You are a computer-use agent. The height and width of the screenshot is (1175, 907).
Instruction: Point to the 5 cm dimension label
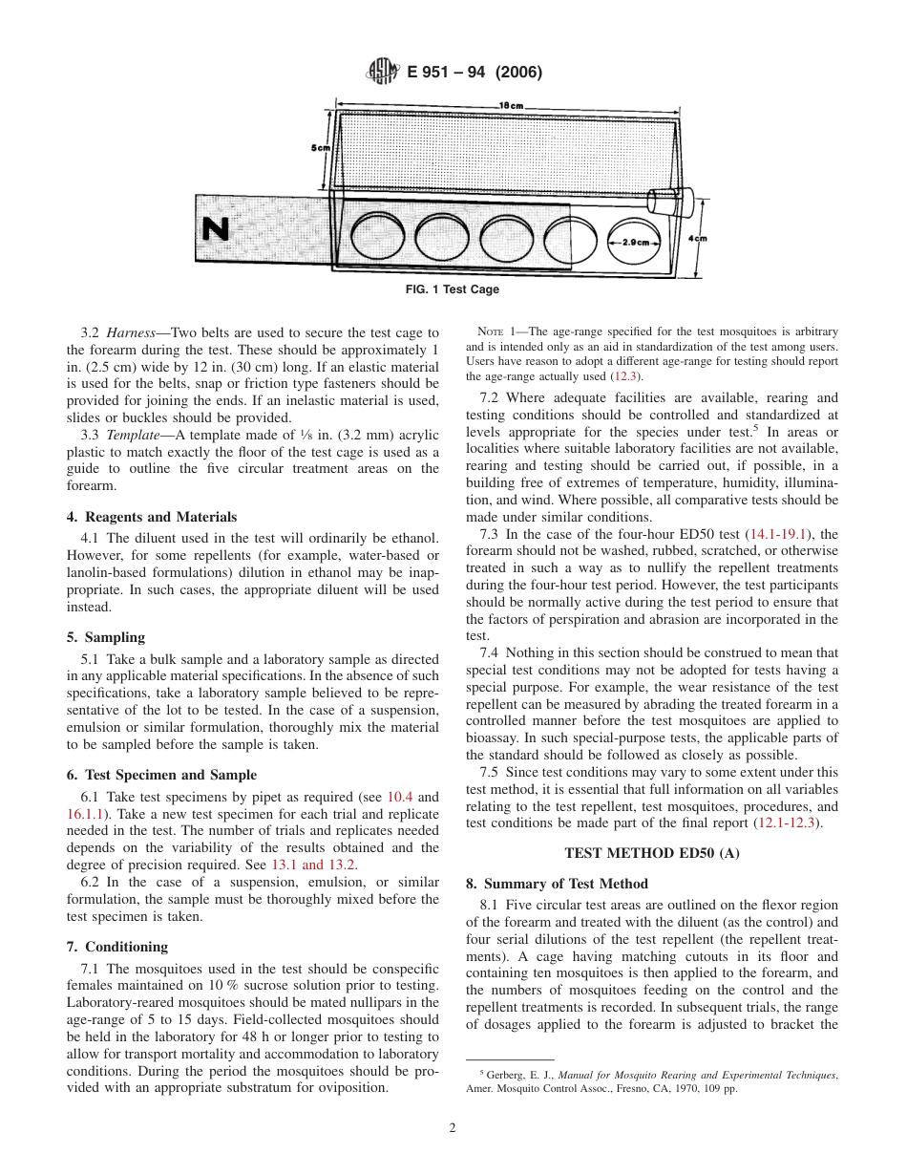pos(319,148)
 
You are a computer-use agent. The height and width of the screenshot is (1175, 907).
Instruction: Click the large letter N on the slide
pos(217,229)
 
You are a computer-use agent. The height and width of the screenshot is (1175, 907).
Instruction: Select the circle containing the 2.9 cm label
pos(635,242)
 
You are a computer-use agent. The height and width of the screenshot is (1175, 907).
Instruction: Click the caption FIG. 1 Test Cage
pos(453,289)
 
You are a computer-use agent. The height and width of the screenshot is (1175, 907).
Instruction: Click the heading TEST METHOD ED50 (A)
pos(652,852)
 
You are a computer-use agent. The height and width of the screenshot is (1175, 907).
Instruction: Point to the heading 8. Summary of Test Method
pos(557,884)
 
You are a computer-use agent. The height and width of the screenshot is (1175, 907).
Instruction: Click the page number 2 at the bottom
pos(453,1127)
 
